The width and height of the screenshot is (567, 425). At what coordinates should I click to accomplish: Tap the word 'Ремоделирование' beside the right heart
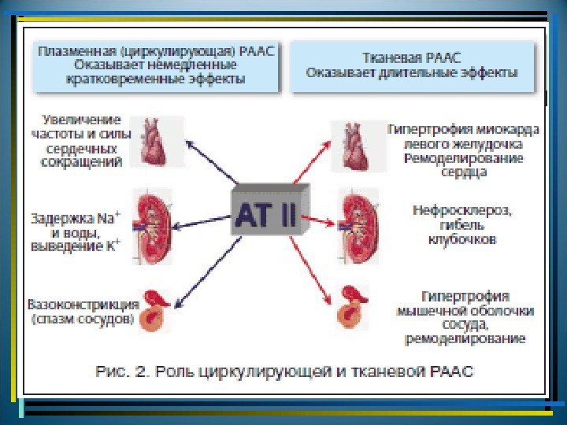tap(459, 158)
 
